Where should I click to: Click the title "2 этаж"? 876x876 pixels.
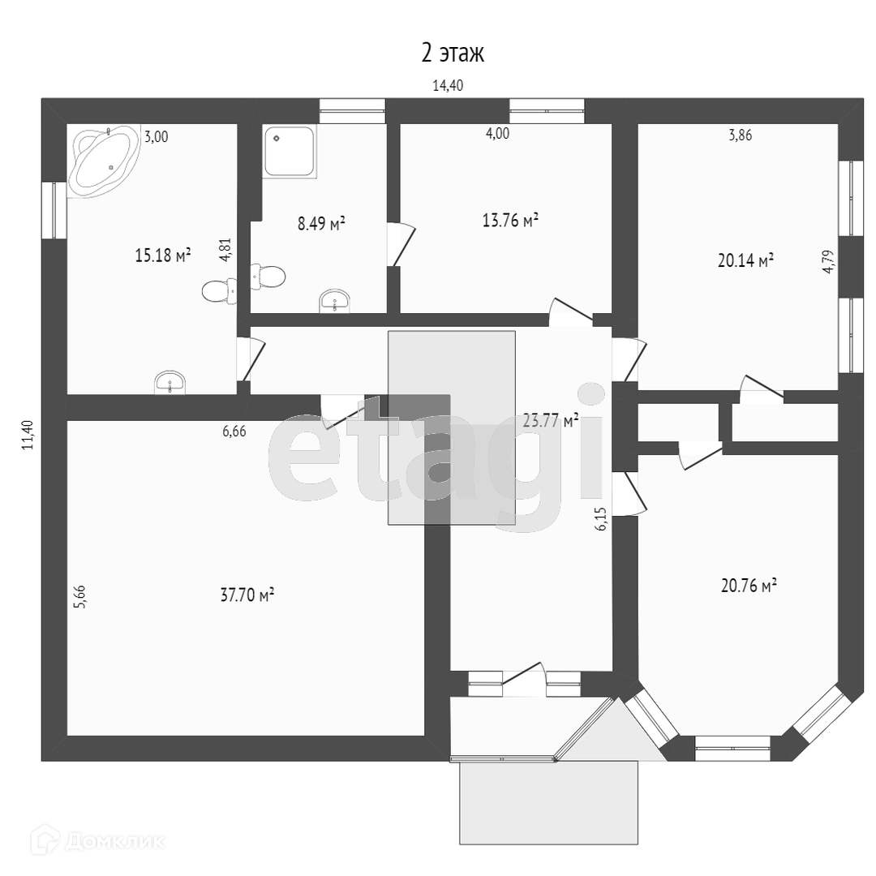click(453, 54)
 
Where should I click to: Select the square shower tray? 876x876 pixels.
click(288, 151)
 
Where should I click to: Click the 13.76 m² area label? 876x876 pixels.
click(510, 221)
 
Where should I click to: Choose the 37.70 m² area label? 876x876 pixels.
click(247, 595)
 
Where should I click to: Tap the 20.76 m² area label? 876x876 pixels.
click(749, 585)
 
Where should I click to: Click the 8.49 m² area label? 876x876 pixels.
click(321, 224)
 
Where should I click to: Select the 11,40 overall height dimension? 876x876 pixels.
click(28, 434)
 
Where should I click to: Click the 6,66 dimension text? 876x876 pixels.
click(234, 432)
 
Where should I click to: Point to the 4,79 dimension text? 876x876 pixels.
click(828, 262)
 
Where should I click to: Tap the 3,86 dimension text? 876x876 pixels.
click(740, 135)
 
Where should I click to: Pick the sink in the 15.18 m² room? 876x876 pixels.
click(170, 382)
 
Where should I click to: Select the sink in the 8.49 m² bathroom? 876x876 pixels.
click(334, 302)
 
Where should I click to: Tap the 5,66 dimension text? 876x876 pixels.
click(79, 596)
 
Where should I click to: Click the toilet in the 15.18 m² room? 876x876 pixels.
click(219, 290)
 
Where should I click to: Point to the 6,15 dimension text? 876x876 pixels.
click(601, 518)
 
